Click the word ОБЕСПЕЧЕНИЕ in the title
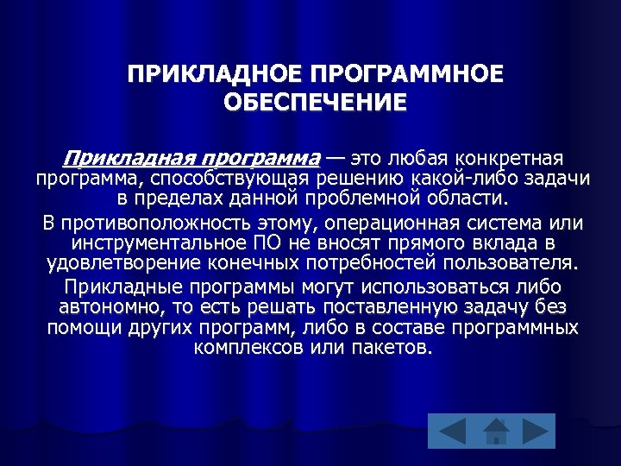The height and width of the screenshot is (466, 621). (x=314, y=102)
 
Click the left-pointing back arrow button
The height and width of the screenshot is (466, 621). (x=447, y=430)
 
